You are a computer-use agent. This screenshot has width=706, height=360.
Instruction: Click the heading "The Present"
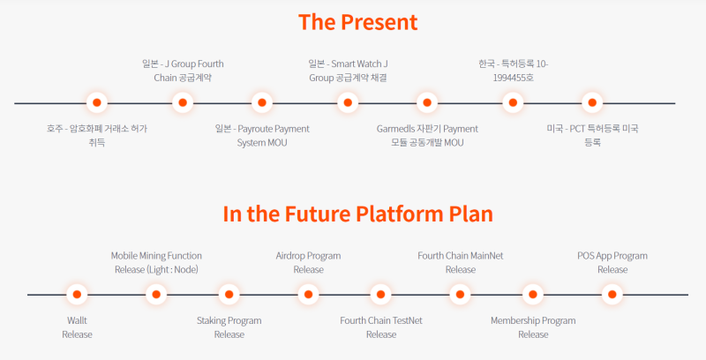358,22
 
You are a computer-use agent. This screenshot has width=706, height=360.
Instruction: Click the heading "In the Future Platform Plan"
358,214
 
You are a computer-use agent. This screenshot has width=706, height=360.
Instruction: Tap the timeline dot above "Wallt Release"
77,295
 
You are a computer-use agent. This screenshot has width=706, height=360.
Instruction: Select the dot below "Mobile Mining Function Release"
156,295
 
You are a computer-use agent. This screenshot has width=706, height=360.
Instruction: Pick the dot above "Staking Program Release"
229,295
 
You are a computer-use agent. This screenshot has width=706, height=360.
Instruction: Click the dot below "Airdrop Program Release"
308,295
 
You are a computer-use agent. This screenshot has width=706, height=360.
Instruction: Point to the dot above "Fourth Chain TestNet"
381,295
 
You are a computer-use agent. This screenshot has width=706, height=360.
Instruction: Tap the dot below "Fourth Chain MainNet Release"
460,295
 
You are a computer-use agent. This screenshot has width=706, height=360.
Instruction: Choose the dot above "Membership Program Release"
533,295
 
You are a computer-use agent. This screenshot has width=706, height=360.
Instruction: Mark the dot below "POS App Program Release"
612,295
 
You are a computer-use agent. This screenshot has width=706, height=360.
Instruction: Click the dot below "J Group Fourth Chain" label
183,102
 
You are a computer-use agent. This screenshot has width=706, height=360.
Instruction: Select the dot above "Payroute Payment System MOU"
262,102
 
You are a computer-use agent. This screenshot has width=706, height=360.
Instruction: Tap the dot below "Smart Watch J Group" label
348,102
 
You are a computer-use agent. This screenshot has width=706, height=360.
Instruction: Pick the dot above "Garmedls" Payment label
427,102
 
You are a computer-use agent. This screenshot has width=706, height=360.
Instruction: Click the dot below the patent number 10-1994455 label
513,102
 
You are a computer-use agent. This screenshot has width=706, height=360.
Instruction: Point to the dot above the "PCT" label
592,102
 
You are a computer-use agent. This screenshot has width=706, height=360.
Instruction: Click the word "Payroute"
255,129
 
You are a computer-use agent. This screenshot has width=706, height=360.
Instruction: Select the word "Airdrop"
290,256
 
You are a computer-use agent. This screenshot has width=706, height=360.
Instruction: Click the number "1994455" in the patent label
510,78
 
